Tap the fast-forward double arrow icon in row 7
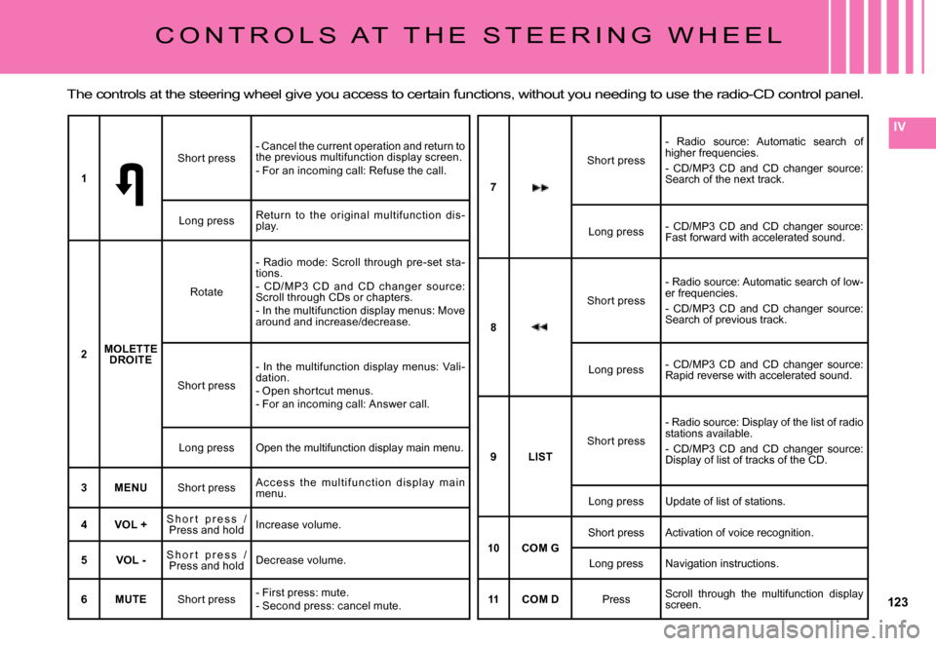540,184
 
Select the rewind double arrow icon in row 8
540,327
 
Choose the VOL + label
131,524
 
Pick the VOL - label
131,560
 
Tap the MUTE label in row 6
131,598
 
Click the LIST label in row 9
540,456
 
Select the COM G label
540,549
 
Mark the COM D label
540,599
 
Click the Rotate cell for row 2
206,292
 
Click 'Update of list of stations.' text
726,502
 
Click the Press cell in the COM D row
616,599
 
